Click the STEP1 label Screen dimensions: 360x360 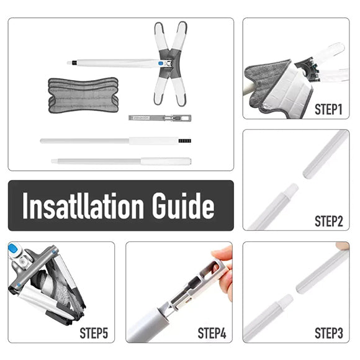click(328, 109)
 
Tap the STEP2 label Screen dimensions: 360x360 click(328, 221)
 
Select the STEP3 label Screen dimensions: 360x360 click(328, 333)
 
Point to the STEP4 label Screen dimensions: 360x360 click(212, 333)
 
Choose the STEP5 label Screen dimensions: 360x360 click(94, 333)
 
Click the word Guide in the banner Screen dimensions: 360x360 click(183, 205)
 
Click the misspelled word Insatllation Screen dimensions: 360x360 click(83, 205)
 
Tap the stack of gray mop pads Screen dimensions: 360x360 click(83, 95)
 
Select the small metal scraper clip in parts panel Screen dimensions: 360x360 click(160, 118)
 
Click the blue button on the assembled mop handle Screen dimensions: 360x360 click(161, 63)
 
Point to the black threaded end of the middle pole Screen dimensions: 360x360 click(185, 141)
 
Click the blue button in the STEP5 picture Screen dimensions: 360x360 click(13, 248)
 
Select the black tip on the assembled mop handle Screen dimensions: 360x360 click(74, 63)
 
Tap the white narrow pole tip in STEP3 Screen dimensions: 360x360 click(286, 300)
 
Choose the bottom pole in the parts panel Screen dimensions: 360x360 click(121, 161)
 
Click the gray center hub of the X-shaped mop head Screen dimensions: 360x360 click(170, 63)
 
